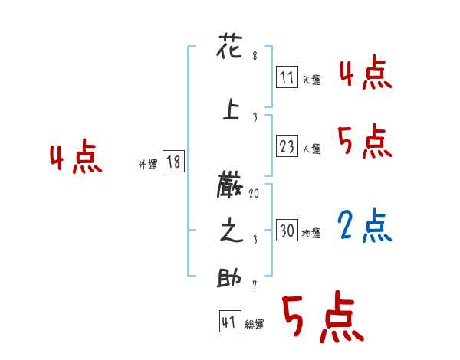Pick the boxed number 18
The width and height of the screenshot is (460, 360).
(173, 162)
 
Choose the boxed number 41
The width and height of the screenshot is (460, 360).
(229, 322)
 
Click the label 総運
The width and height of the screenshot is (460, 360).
(255, 325)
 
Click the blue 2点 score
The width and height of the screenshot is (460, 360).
(365, 225)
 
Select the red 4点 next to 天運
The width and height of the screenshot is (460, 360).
(365, 75)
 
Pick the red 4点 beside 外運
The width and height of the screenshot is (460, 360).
(76, 159)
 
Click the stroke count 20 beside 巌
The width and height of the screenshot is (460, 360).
(254, 195)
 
